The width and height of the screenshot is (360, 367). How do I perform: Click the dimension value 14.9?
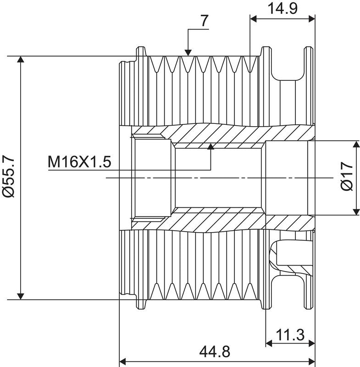click(282, 9)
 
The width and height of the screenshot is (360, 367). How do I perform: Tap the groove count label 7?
click(204, 21)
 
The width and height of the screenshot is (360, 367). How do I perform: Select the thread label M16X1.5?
click(79, 162)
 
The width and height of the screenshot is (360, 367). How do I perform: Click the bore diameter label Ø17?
click(347, 176)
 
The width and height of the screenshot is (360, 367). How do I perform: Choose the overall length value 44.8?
click(215, 351)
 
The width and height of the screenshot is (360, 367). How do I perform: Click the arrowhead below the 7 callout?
click(188, 53)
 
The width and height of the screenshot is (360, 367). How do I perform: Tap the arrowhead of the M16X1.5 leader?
click(211, 146)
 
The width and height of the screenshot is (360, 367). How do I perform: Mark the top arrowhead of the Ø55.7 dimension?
click(21, 60)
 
